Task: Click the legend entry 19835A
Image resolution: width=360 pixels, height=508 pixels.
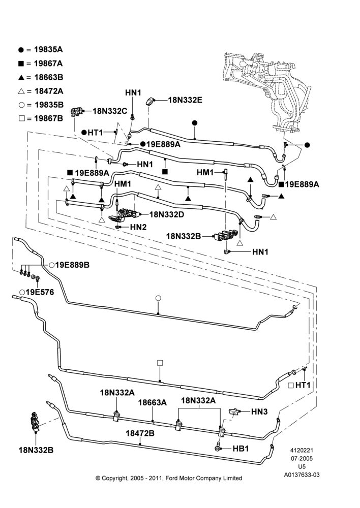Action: [41, 50]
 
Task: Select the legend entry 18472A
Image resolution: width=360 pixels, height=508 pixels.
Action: [41, 91]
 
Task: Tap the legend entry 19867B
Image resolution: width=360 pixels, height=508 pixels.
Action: [41, 118]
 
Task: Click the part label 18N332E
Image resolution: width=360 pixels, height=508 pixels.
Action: [185, 100]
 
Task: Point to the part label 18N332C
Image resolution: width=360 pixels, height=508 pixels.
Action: [110, 111]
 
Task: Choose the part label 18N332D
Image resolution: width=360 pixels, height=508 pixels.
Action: [167, 214]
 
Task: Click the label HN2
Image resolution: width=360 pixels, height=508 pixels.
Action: [138, 227]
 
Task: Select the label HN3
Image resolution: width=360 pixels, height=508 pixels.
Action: [259, 411]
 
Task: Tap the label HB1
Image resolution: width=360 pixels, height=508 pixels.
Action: [241, 449]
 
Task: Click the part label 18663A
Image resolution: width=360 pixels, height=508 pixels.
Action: [153, 402]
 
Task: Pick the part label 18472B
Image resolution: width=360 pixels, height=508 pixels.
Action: [140, 433]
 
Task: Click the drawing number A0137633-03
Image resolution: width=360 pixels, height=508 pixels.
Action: [302, 475]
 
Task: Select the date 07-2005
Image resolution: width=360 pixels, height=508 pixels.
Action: [302, 458]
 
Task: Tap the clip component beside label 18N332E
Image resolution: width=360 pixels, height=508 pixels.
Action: [151, 101]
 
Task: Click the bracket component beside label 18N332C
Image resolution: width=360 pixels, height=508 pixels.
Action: [77, 111]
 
